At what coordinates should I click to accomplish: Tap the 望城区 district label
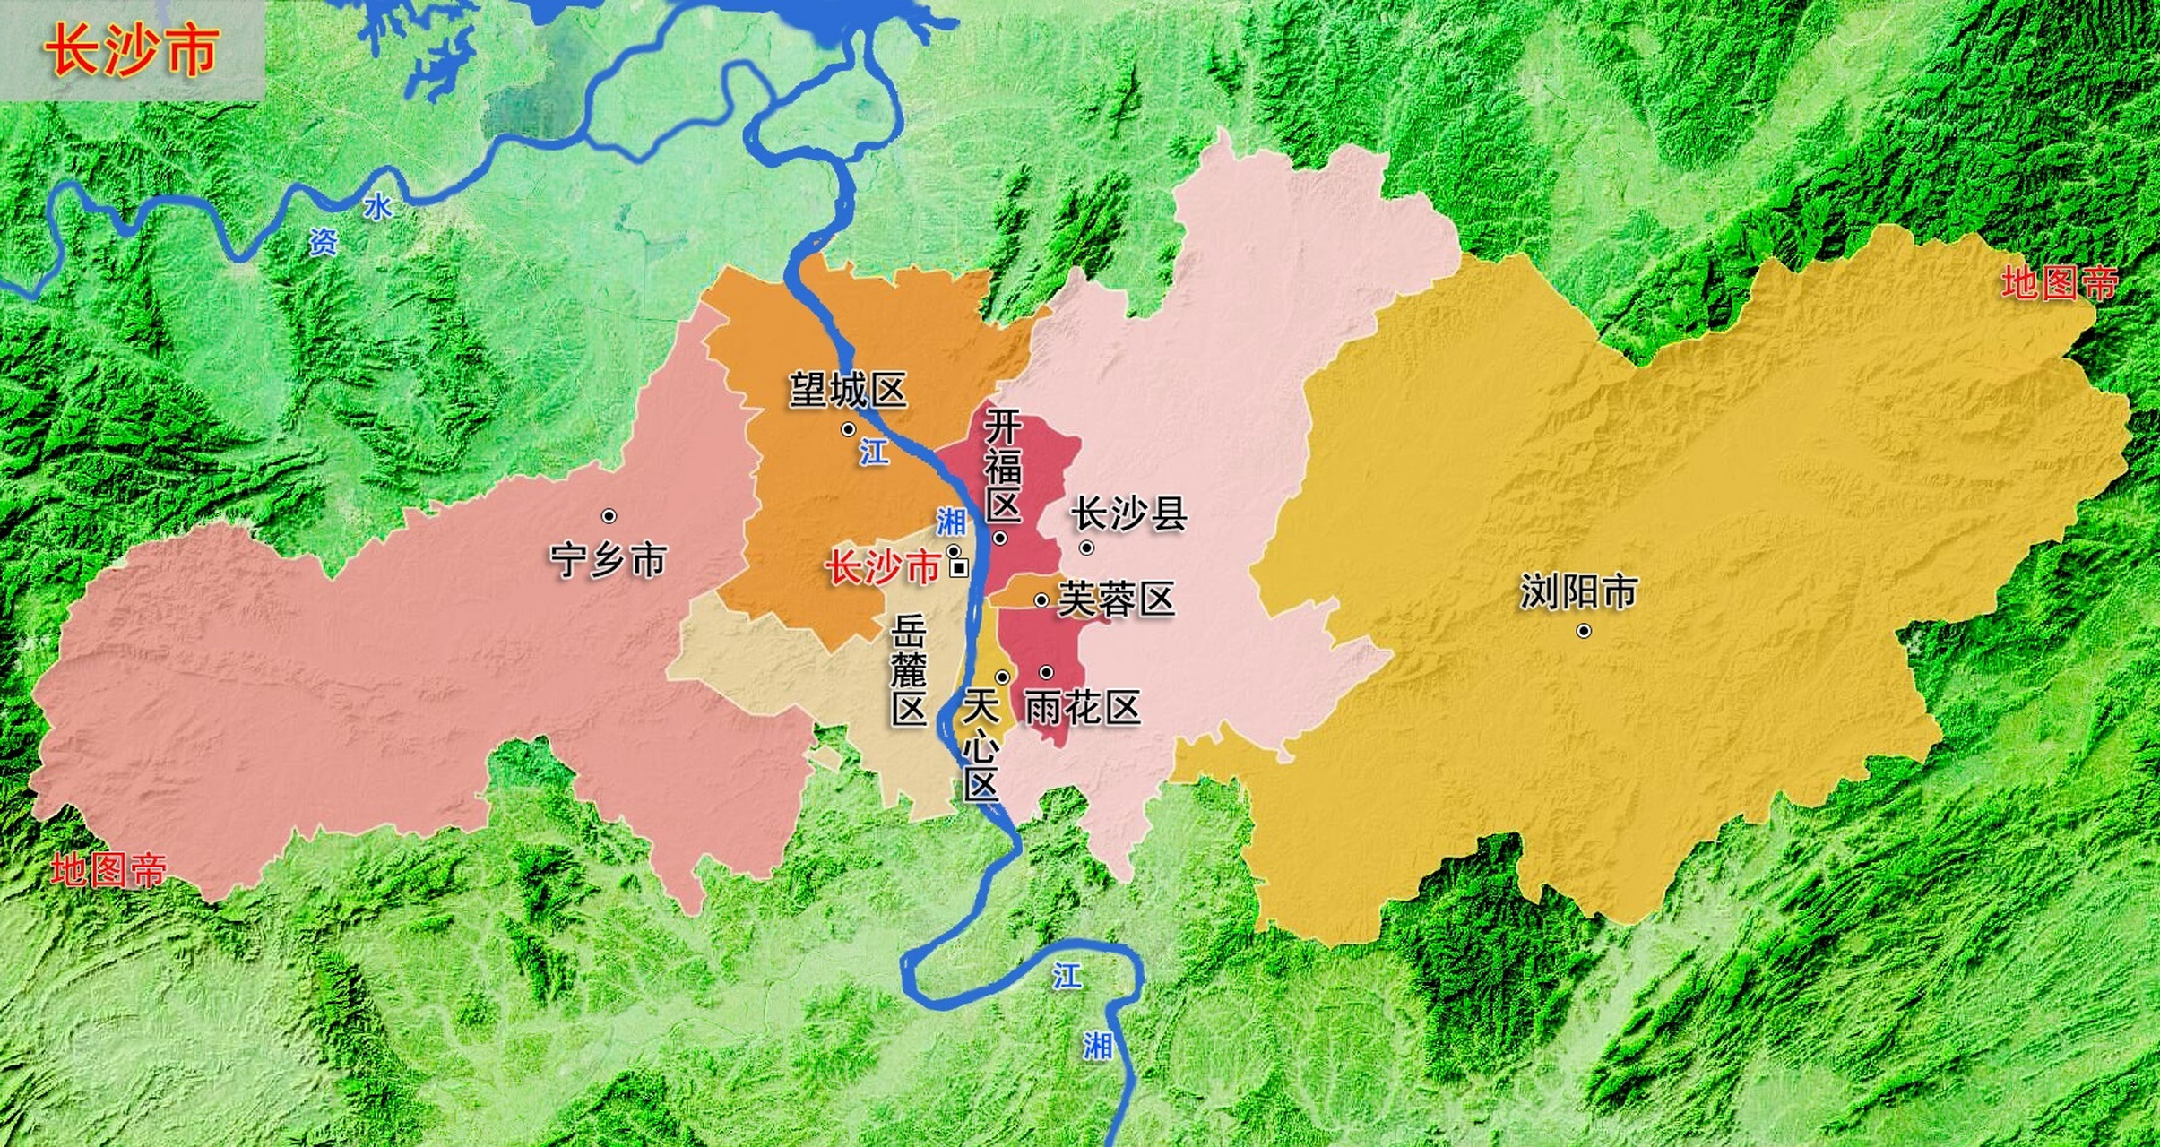point(848,391)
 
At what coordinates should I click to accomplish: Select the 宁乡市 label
point(609,560)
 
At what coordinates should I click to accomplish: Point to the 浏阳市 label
point(1578,592)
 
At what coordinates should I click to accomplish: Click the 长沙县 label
point(1129,514)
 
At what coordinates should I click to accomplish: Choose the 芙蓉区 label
point(1116,599)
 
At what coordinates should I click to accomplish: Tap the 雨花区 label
point(1082,708)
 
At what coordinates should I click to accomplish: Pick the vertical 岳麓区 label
point(908,672)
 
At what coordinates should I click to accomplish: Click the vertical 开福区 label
point(1003,466)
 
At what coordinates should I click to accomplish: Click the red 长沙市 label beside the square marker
point(882,568)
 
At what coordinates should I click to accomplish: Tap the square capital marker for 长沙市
point(959,567)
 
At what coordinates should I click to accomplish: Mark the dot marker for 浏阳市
point(1584,631)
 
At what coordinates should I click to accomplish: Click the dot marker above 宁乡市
point(609,516)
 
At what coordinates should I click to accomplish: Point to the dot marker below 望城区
point(848,430)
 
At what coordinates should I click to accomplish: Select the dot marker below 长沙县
point(1086,548)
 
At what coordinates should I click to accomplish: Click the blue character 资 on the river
point(324,241)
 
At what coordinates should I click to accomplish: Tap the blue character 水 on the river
point(377,208)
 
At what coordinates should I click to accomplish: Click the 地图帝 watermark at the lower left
point(108,870)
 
